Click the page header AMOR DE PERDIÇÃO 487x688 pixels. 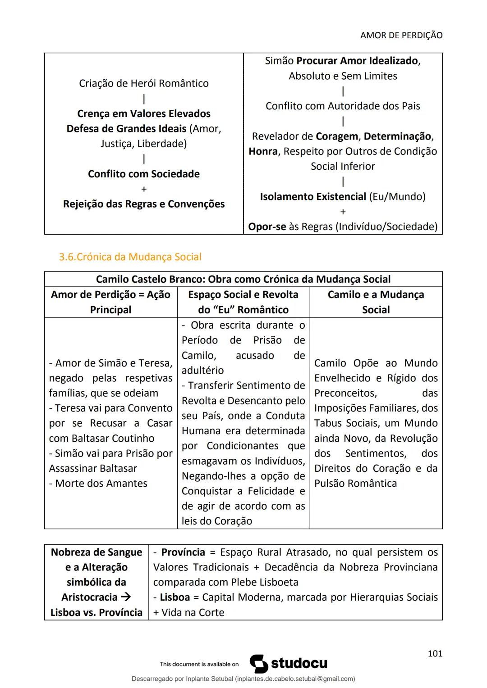pos(401,35)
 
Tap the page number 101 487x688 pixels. pos(435,653)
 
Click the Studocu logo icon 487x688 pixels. pos(258,664)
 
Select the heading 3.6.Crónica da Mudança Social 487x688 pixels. pos(130,257)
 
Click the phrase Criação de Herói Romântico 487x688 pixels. pos(143,83)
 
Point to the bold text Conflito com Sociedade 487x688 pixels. pos(143,174)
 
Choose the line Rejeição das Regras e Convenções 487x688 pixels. pos(143,204)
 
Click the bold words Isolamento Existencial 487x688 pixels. pos(313,197)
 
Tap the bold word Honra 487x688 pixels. pos(263,151)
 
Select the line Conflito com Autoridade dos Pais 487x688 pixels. pos(343,106)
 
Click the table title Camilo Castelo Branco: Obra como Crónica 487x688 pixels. pos(243,279)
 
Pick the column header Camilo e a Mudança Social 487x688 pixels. pos(376,302)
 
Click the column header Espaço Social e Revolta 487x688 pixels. pos(243,294)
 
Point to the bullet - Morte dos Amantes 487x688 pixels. pos(98,484)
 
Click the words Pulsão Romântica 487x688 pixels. pos(355,484)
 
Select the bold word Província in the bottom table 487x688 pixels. pos(183,552)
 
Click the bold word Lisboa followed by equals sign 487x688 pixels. pos(175,597)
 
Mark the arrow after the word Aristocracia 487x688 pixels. pos(126,597)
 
